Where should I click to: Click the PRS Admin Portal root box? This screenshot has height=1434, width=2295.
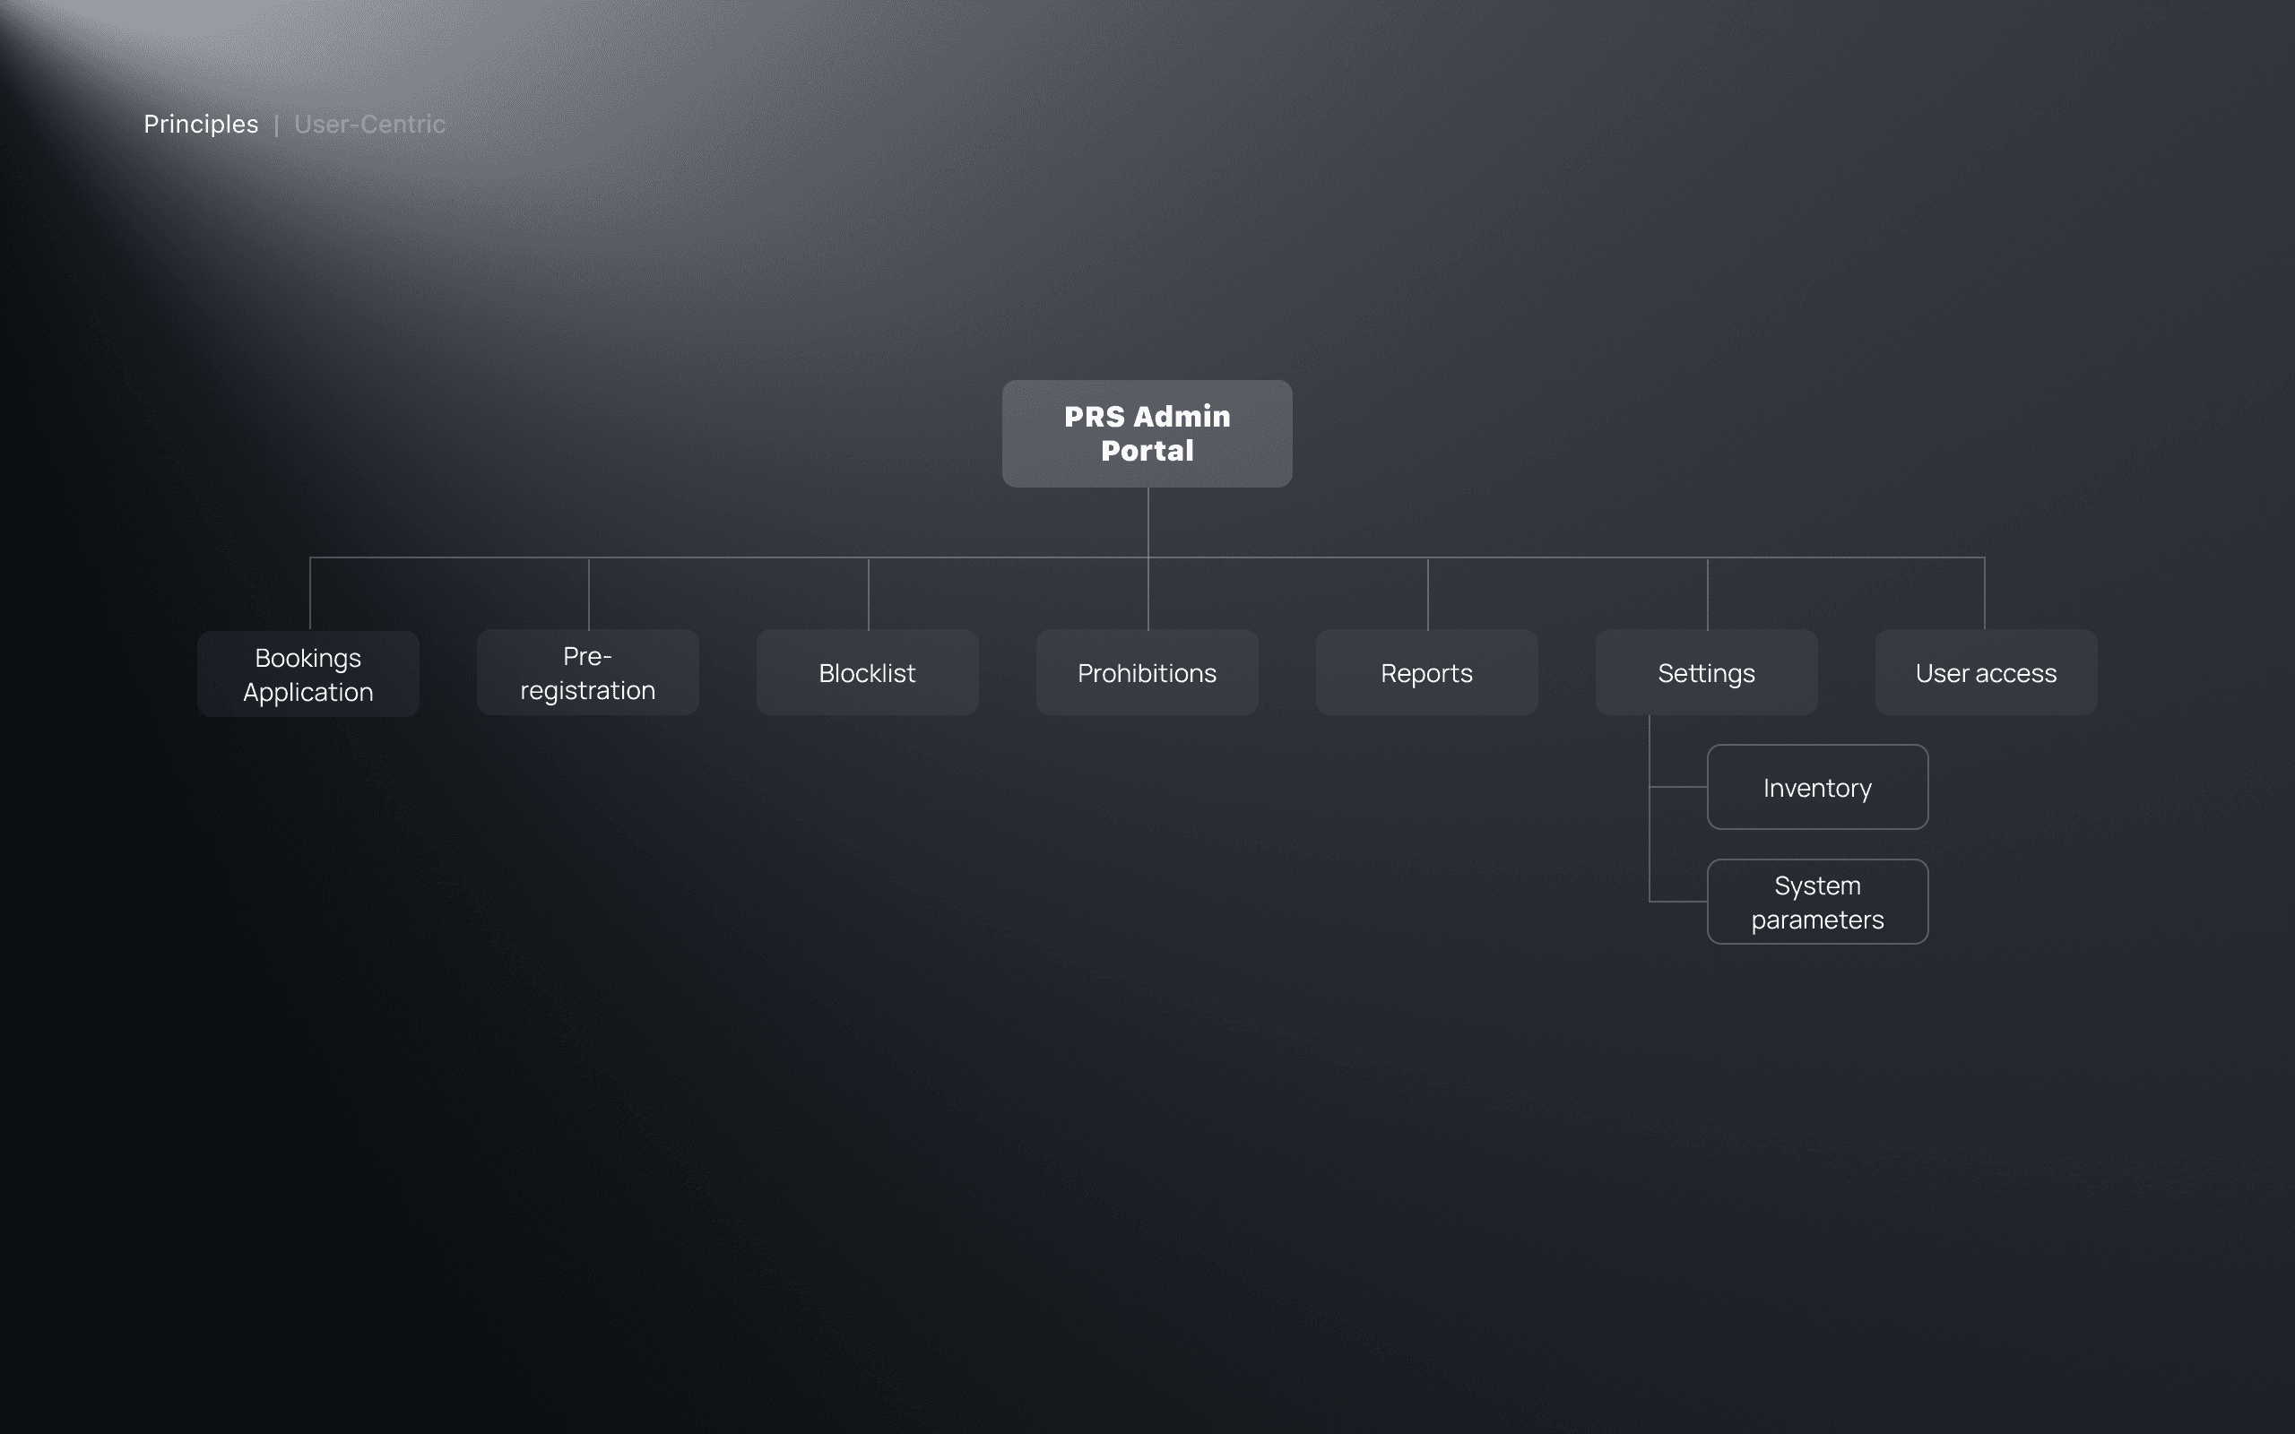(x=1147, y=434)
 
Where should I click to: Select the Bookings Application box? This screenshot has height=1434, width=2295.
(x=308, y=673)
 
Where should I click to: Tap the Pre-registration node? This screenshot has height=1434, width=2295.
(x=588, y=672)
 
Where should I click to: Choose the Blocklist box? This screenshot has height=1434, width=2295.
(x=867, y=672)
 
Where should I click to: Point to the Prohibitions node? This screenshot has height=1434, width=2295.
(x=1147, y=672)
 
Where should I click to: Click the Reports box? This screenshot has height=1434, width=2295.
(x=1426, y=672)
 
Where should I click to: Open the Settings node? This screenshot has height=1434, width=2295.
(x=1706, y=672)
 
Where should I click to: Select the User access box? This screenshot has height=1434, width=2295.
(x=1986, y=672)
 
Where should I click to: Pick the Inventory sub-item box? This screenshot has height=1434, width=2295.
(x=1817, y=787)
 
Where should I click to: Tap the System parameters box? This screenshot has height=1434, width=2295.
(x=1817, y=902)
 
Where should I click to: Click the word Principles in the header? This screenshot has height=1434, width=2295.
(x=201, y=125)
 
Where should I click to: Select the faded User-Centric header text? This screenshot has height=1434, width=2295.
(x=370, y=125)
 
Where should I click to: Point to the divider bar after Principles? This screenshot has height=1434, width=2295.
(x=276, y=125)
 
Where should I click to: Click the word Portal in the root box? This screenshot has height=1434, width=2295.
(x=1147, y=451)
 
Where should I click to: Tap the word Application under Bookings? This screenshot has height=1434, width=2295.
(x=308, y=692)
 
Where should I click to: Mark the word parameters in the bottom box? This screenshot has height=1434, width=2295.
(x=1817, y=920)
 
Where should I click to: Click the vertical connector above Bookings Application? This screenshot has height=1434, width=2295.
(x=310, y=593)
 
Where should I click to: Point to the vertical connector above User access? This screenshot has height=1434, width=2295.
(x=1984, y=593)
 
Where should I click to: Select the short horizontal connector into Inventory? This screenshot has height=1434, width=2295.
(x=1678, y=787)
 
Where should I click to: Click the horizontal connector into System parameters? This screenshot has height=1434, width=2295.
(x=1678, y=901)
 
